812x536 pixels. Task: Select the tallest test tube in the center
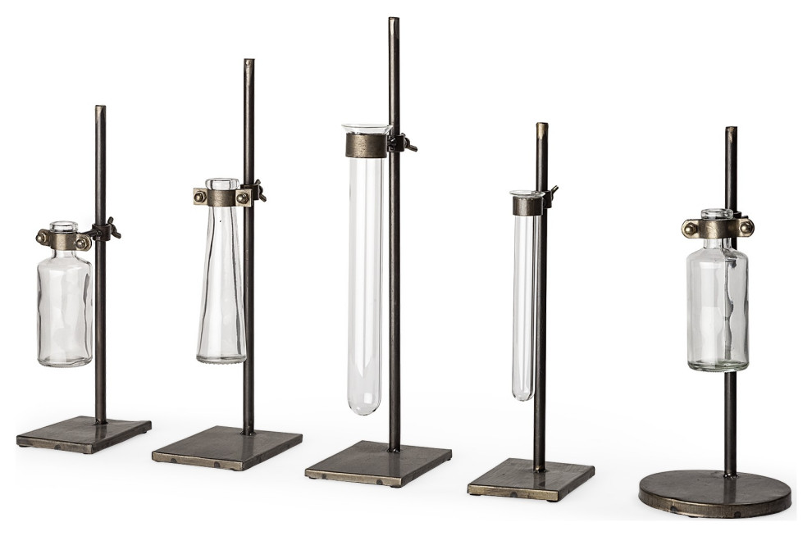[365, 279]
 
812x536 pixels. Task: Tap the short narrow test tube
[523, 303]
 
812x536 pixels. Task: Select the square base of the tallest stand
[378, 463]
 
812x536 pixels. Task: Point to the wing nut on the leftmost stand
[109, 230]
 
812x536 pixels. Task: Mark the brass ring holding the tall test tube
[365, 146]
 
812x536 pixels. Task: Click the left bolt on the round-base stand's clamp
[690, 229]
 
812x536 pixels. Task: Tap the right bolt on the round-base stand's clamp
[746, 229]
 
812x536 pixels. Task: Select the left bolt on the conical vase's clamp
[200, 196]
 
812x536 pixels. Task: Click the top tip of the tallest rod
[394, 20]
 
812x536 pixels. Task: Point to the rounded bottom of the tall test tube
[364, 407]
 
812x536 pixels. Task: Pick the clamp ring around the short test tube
[527, 205]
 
